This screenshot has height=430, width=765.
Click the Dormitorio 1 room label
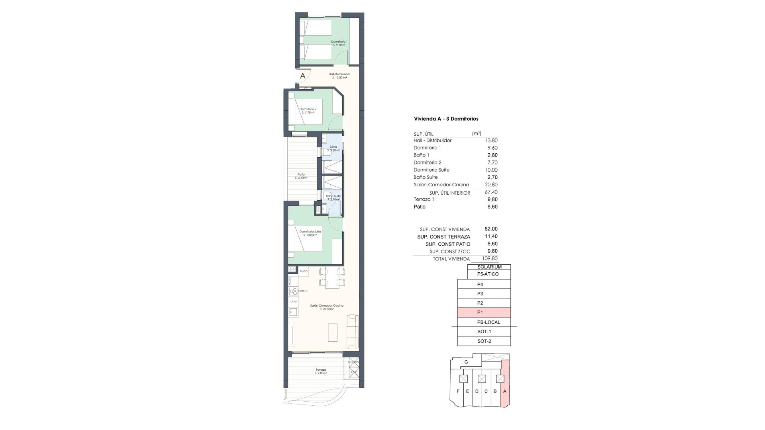coord(339,43)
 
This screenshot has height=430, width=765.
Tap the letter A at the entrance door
coord(303,76)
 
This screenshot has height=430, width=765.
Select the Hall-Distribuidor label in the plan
coord(339,76)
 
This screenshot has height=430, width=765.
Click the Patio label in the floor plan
coord(301,176)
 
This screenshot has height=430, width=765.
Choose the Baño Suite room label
coord(333,197)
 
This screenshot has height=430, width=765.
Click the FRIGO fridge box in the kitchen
coord(304,271)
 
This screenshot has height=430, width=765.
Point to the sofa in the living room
coord(353,331)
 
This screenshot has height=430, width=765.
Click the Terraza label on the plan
coord(321,371)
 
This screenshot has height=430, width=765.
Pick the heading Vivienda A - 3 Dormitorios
coord(446,119)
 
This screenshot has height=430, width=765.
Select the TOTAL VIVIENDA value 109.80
coord(490,258)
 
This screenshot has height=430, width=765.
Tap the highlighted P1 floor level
coord(484,313)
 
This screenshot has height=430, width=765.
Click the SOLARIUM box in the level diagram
coord(489,267)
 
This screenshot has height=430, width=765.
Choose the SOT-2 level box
coord(484,341)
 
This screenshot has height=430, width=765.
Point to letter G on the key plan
coord(466,362)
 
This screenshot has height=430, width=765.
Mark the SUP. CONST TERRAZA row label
coord(443,237)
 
